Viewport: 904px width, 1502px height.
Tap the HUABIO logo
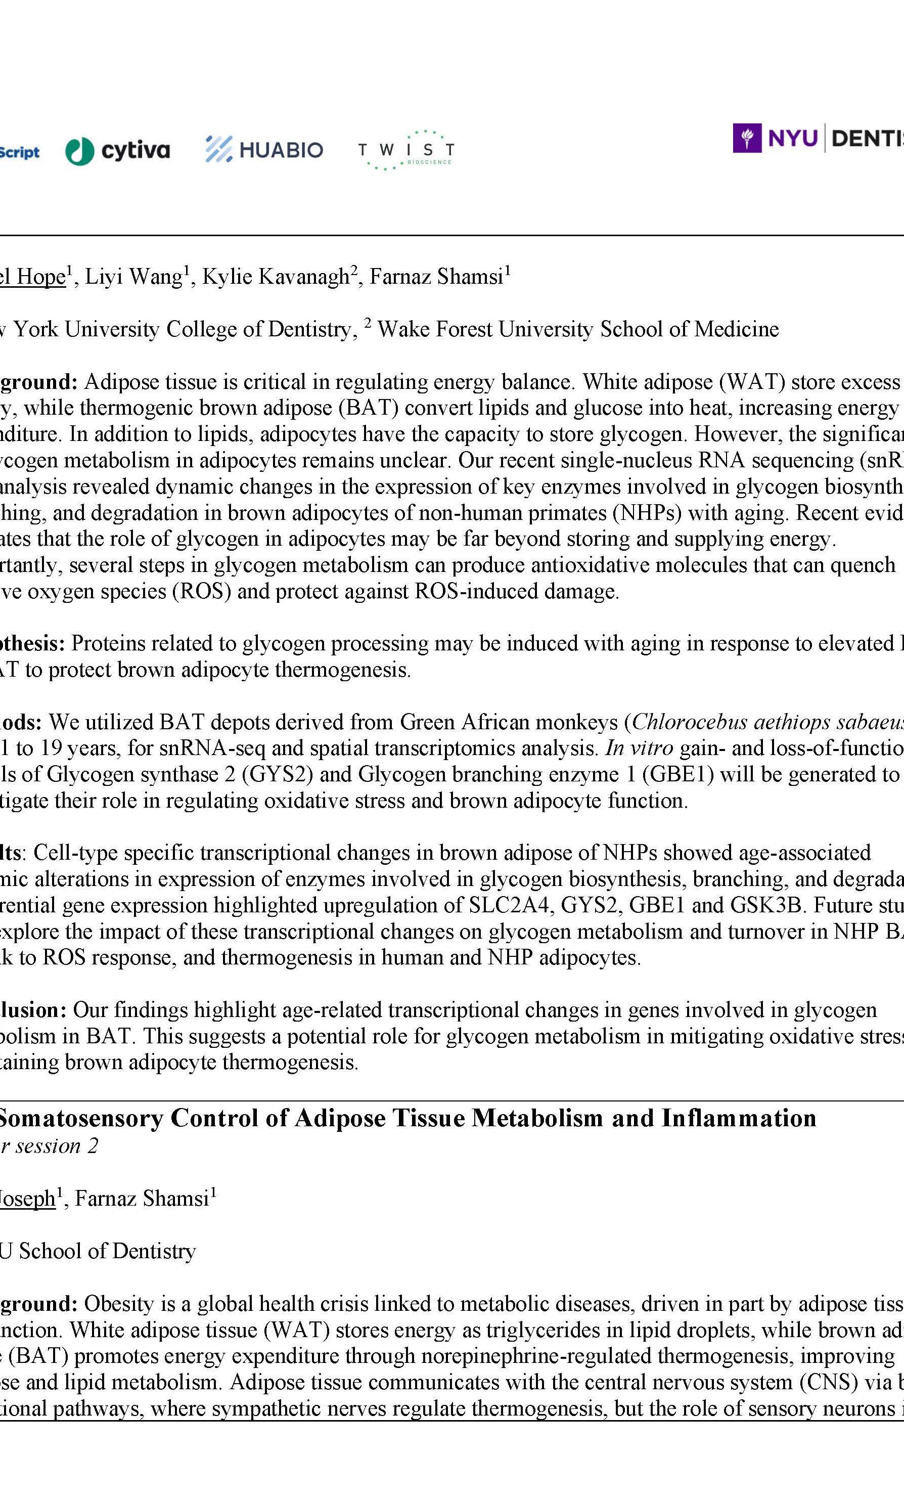pyautogui.click(x=264, y=149)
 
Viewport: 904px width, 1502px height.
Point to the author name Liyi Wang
pyautogui.click(x=133, y=277)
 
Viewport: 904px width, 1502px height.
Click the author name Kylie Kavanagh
pyautogui.click(x=276, y=277)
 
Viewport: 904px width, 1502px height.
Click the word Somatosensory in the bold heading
pyautogui.click(x=83, y=1119)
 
